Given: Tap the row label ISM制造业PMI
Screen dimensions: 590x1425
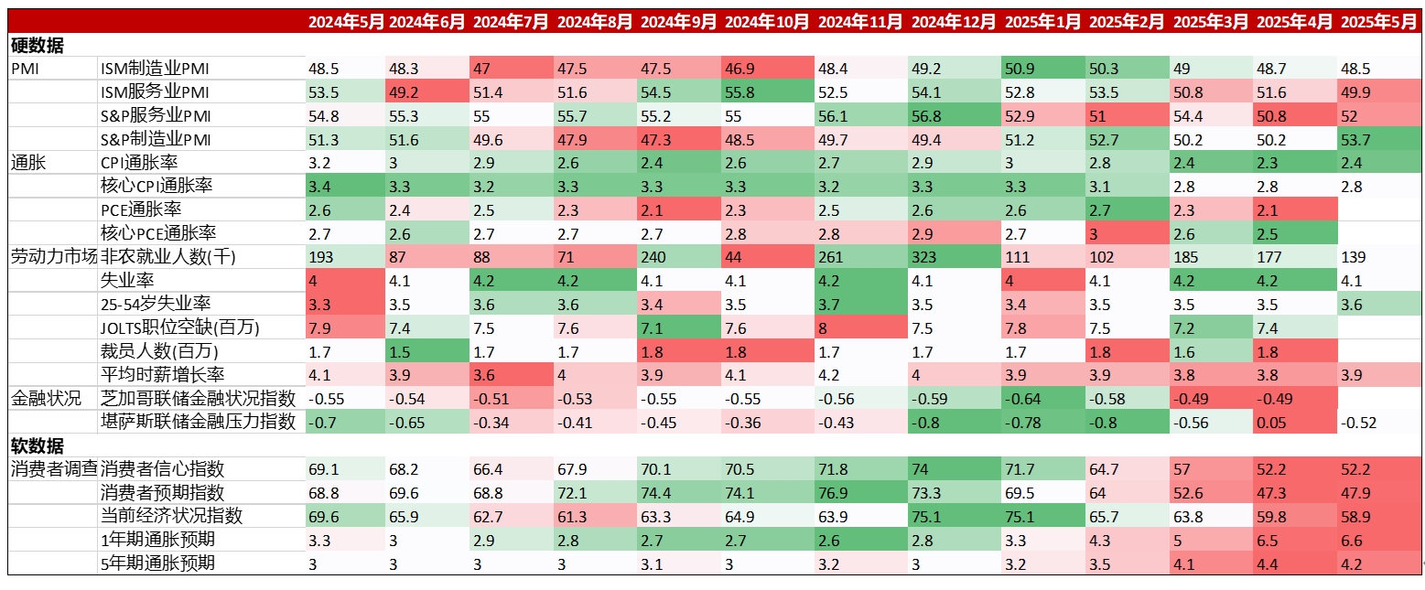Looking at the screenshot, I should pos(155,69).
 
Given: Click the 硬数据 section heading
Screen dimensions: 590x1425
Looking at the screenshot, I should pos(38,45).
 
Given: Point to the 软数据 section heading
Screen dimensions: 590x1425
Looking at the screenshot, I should pos(38,445).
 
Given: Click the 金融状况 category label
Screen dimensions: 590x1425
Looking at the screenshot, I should pos(46,398).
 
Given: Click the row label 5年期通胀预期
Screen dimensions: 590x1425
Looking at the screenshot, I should pos(157,563).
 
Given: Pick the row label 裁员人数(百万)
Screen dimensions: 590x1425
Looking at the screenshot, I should pos(160,351).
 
